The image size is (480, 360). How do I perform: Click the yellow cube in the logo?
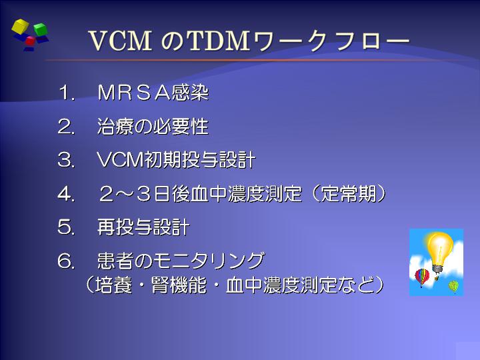coord(20,26)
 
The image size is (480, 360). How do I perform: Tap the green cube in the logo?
coord(40,29)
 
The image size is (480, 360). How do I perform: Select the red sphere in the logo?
coord(30,41)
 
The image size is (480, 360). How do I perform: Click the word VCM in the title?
coord(120,41)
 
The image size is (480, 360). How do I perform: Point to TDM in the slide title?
coord(218,41)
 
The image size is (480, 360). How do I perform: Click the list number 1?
coord(67,93)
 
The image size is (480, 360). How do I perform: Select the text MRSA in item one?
coord(134,93)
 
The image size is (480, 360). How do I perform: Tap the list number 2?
coord(66,127)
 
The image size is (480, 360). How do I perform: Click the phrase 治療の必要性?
coord(153,127)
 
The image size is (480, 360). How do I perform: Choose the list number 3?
coord(66,160)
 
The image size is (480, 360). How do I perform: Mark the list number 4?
coord(66,194)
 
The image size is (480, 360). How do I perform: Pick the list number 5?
coord(66,227)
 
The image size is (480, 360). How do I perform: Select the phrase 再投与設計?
coord(143,227)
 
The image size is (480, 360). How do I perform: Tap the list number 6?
coord(66,261)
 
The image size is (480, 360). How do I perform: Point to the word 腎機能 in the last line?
coord(179,285)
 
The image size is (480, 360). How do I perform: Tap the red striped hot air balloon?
coord(422,277)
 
